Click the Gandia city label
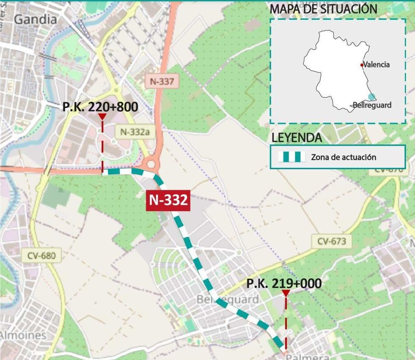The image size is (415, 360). [x=36, y=19]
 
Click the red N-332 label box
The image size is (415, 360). [x=168, y=200]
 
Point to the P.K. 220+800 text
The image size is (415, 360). [x=100, y=107]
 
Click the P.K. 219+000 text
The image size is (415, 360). [x=284, y=283]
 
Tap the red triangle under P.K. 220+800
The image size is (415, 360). [x=102, y=117]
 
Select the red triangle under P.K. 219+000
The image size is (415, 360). [x=286, y=293]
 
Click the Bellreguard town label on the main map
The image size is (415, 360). [x=228, y=300]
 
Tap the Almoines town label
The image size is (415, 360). [x=23, y=335]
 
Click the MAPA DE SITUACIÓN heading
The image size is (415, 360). [x=323, y=8]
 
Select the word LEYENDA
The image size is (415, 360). [x=297, y=137]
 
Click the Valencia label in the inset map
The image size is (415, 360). [x=377, y=65]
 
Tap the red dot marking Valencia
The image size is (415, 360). [x=362, y=65]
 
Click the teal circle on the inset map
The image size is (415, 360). [x=371, y=97]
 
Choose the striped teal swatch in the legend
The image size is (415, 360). [x=291, y=157]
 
